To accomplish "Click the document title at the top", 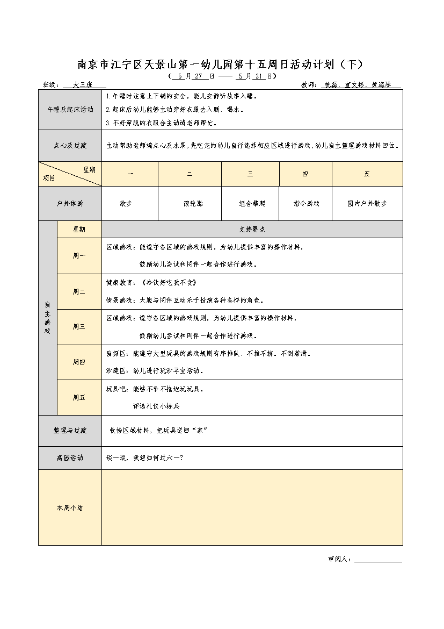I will [221, 65].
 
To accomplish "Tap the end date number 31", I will [258, 76].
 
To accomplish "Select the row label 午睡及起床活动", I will [70, 109].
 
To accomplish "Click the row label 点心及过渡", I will [70, 146].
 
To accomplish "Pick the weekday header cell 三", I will [250, 174].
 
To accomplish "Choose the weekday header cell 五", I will [367, 174].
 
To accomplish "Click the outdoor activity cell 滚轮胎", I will [190, 204].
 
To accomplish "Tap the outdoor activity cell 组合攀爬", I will [250, 204].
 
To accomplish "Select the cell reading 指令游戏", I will [305, 204].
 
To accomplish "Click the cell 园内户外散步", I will [367, 204].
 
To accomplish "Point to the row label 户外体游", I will [70, 204].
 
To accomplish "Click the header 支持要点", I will [252, 229].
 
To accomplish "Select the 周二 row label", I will [79, 291].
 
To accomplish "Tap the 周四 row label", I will [79, 362].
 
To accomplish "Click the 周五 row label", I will [79, 397].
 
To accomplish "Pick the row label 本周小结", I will [70, 508].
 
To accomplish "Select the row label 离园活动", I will [70, 458].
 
